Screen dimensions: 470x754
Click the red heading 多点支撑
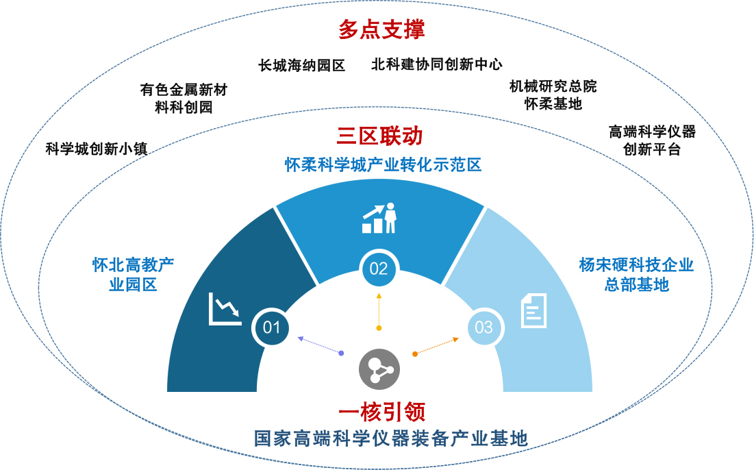pyautogui.click(x=381, y=30)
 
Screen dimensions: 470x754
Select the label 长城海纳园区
pyautogui.click(x=301, y=65)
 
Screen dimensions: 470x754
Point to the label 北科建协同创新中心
pyautogui.click(x=436, y=64)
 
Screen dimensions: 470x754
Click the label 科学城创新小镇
pyautogui.click(x=97, y=149)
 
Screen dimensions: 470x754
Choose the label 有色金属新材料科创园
pyautogui.click(x=184, y=99)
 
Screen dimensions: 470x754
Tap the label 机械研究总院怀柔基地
pyautogui.click(x=553, y=95)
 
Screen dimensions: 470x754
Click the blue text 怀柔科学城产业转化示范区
pyautogui.click(x=384, y=165)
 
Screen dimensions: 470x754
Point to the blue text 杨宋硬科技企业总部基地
pyautogui.click(x=636, y=275)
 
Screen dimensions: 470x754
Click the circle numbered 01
pyautogui.click(x=271, y=327)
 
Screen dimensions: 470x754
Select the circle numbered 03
pyautogui.click(x=483, y=327)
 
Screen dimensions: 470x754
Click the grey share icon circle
pyautogui.click(x=379, y=370)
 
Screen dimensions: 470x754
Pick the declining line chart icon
pyautogui.click(x=225, y=310)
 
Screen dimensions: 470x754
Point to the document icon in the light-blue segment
pyautogui.click(x=533, y=310)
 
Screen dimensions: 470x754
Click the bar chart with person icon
pyautogui.click(x=379, y=218)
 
